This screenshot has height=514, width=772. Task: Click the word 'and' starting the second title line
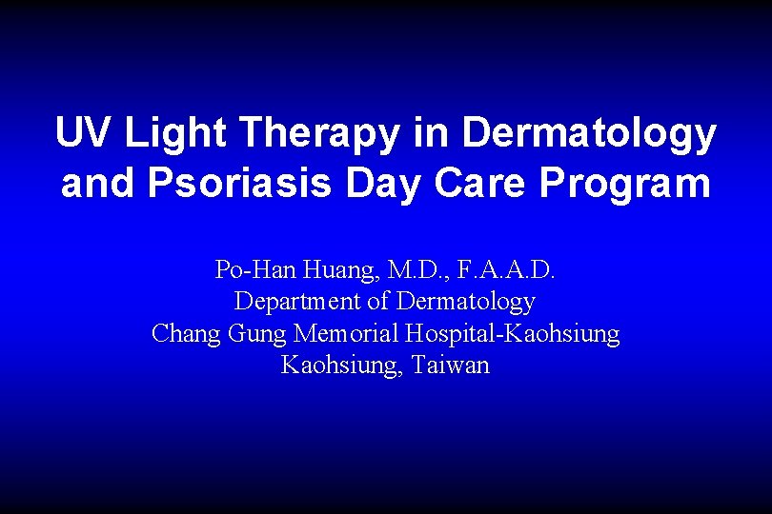(99, 183)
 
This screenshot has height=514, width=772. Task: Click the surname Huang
(336, 271)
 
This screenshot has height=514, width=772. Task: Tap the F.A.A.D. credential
(506, 271)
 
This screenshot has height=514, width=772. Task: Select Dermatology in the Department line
(466, 303)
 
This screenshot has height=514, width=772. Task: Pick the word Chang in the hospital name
(186, 335)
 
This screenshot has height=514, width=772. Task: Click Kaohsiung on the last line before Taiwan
(342, 366)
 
